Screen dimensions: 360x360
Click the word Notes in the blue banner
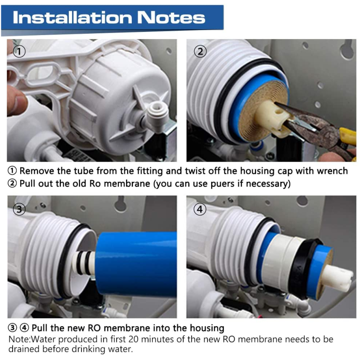[x=171, y=18]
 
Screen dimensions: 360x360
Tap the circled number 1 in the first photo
[x=19, y=51]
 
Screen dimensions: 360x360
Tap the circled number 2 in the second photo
[x=200, y=51]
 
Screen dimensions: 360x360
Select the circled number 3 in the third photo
[x=19, y=209]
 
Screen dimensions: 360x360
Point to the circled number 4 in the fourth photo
[x=200, y=209]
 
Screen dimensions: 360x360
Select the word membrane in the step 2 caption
[x=127, y=184]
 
